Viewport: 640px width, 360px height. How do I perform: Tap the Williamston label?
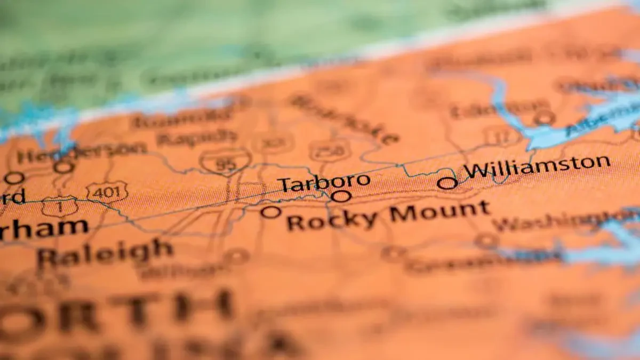click(537, 167)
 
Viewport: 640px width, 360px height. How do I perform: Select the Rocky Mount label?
click(388, 215)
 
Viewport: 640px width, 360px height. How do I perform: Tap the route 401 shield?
click(107, 192)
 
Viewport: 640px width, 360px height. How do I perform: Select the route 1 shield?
click(59, 206)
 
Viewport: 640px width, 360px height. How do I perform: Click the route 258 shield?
click(330, 151)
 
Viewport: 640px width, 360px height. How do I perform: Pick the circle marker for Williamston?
click(447, 183)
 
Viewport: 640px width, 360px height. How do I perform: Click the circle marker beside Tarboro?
click(341, 196)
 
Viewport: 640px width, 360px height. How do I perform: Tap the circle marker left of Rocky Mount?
click(270, 212)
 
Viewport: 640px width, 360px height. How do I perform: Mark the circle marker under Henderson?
click(63, 167)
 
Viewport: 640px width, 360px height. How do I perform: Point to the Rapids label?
click(197, 138)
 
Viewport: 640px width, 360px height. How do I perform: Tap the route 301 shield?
click(273, 143)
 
